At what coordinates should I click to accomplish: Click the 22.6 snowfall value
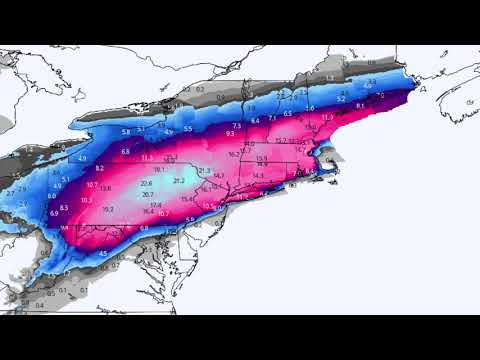(147, 183)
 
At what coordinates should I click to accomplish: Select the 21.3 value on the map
(205, 171)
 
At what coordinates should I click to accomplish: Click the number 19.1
(159, 170)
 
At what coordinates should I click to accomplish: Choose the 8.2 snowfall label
(100, 168)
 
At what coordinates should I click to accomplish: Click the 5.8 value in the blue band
(126, 132)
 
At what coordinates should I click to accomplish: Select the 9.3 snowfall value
(231, 133)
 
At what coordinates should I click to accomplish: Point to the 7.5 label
(237, 125)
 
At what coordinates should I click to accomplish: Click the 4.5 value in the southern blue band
(103, 253)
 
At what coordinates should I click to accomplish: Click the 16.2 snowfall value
(232, 153)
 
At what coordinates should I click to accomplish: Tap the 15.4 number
(187, 199)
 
